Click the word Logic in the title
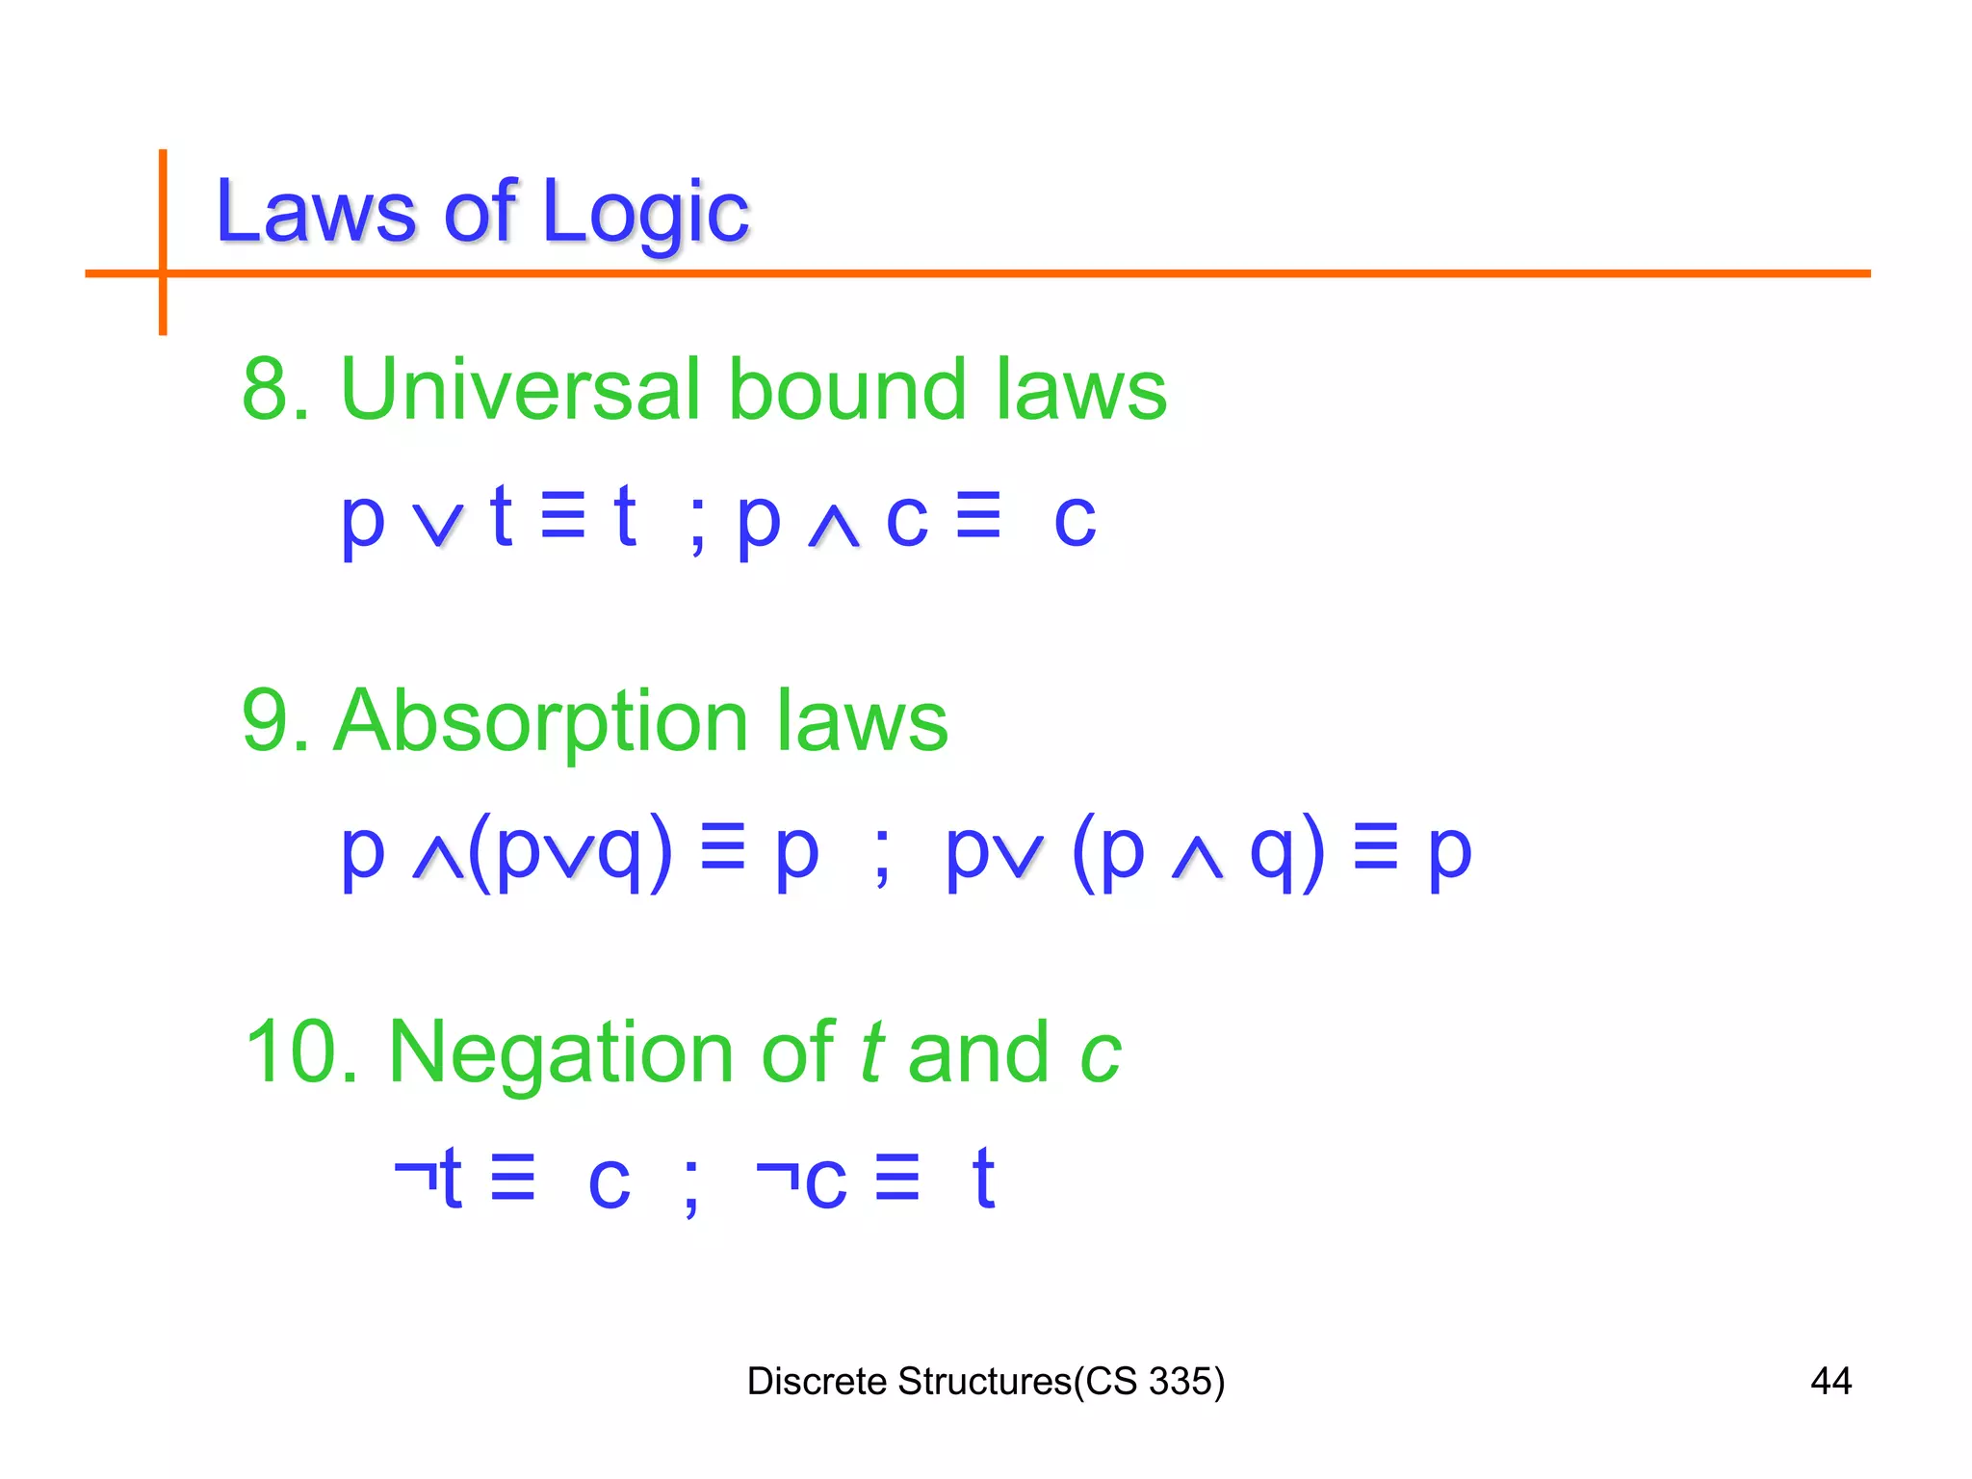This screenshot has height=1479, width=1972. pyautogui.click(x=645, y=214)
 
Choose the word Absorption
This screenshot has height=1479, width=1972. pyautogui.click(x=540, y=723)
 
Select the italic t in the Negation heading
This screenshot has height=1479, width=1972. pyautogui.click(x=871, y=1052)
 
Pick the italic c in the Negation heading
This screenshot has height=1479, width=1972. pyautogui.click(x=1101, y=1054)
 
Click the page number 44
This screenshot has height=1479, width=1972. pyautogui.click(x=1830, y=1382)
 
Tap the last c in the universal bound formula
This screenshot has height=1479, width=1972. pyautogui.click(x=1076, y=520)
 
